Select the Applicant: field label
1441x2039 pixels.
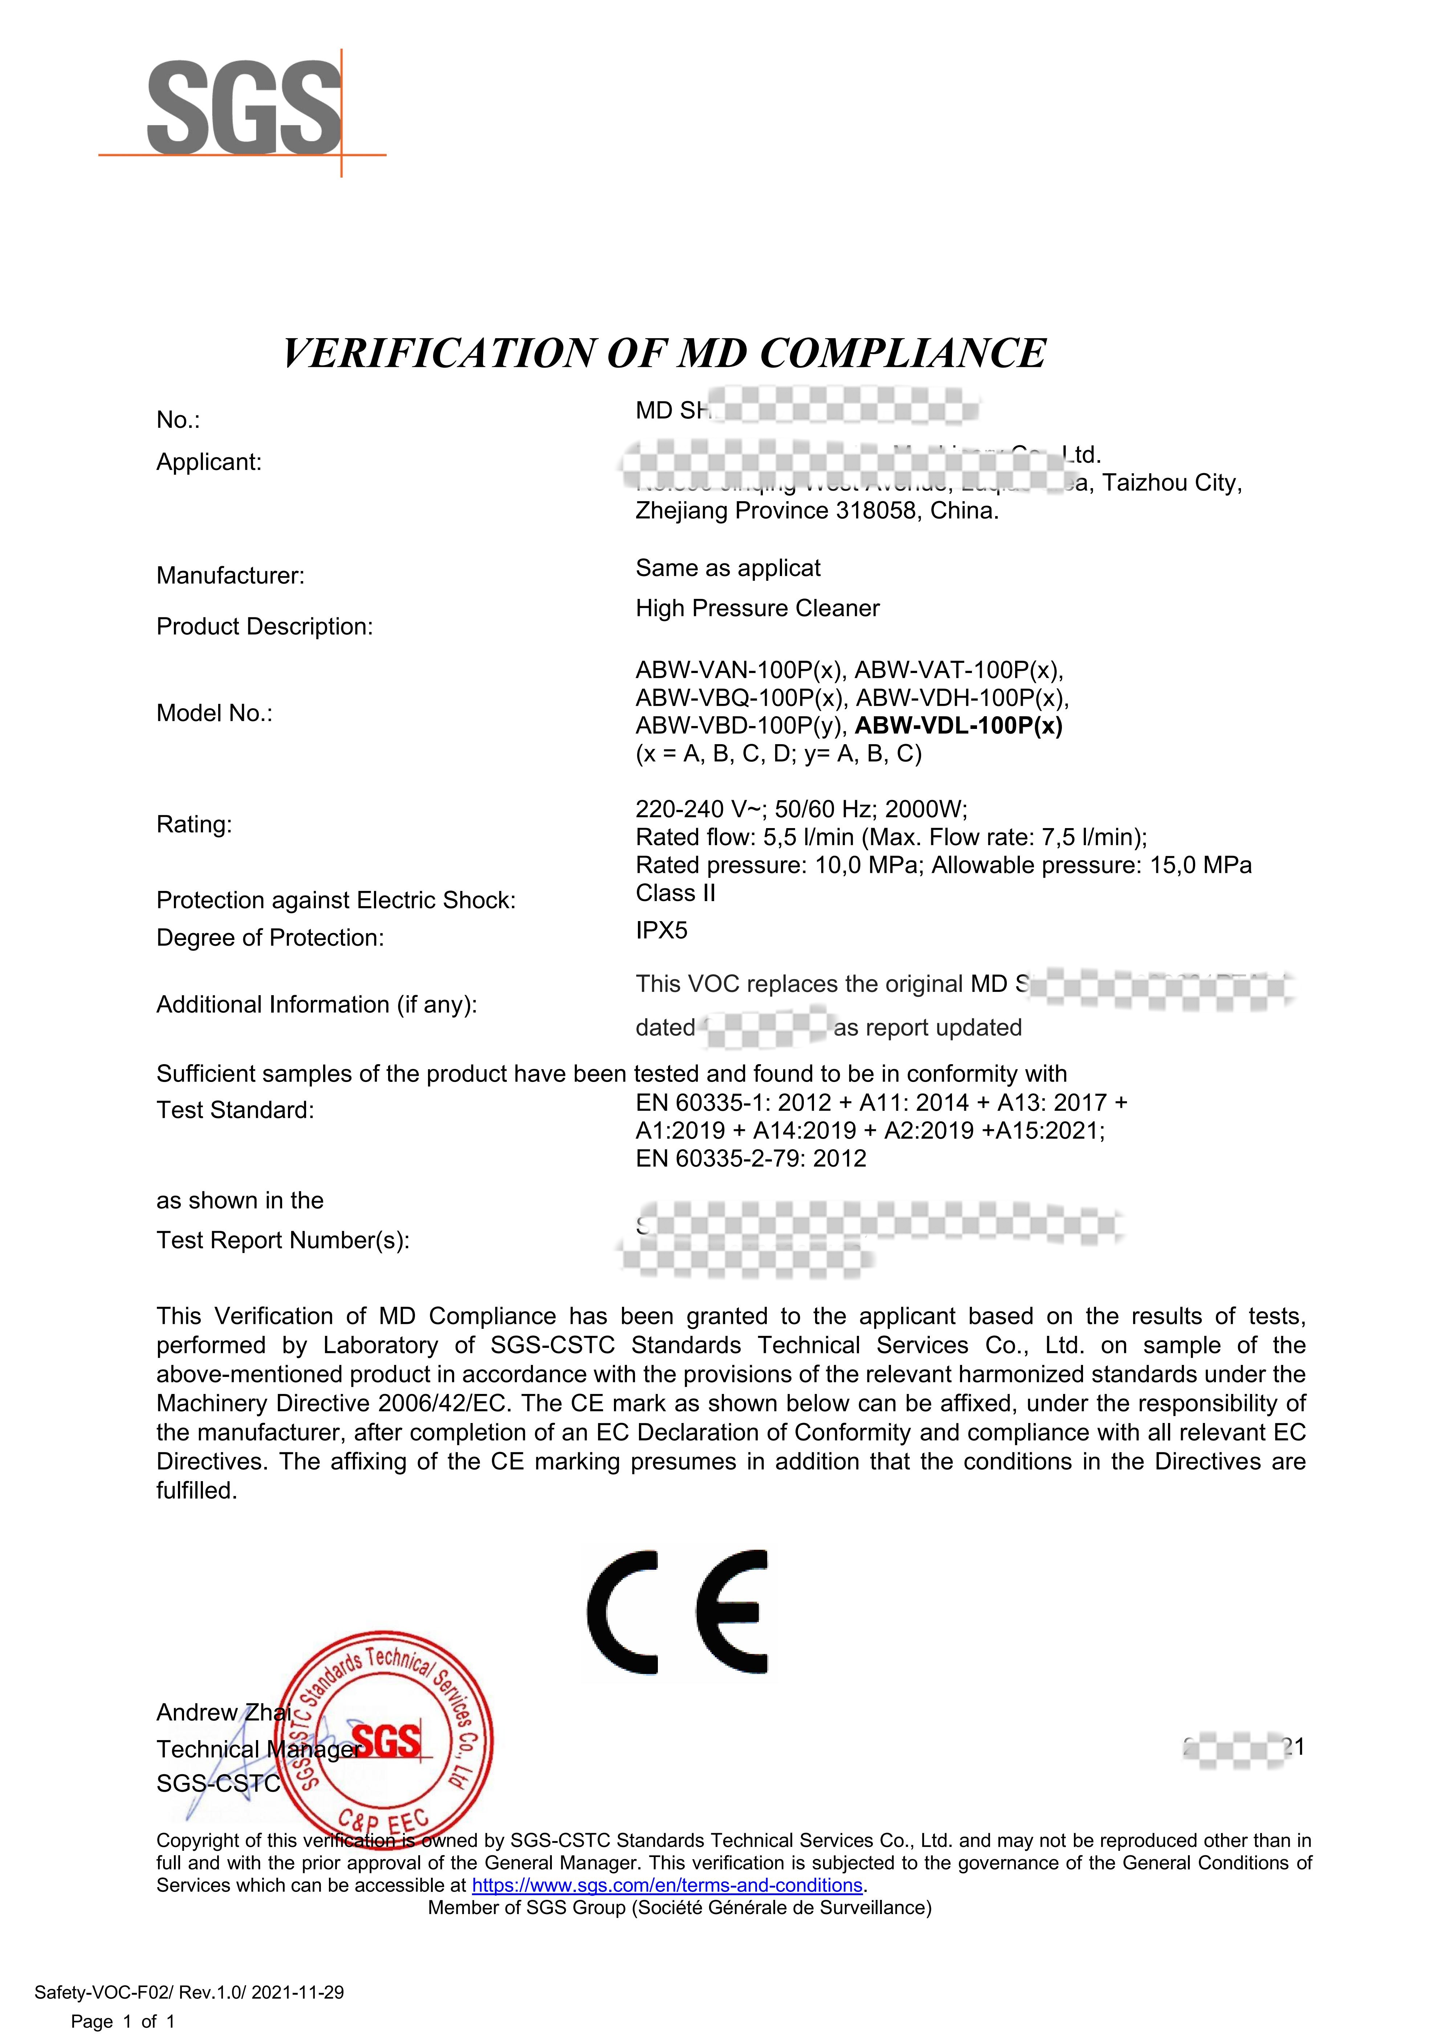tap(209, 463)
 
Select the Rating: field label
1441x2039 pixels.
tap(194, 825)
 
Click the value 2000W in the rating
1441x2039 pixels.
tap(925, 809)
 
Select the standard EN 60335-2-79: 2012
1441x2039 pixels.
tap(750, 1159)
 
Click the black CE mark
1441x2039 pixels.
tap(677, 1612)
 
